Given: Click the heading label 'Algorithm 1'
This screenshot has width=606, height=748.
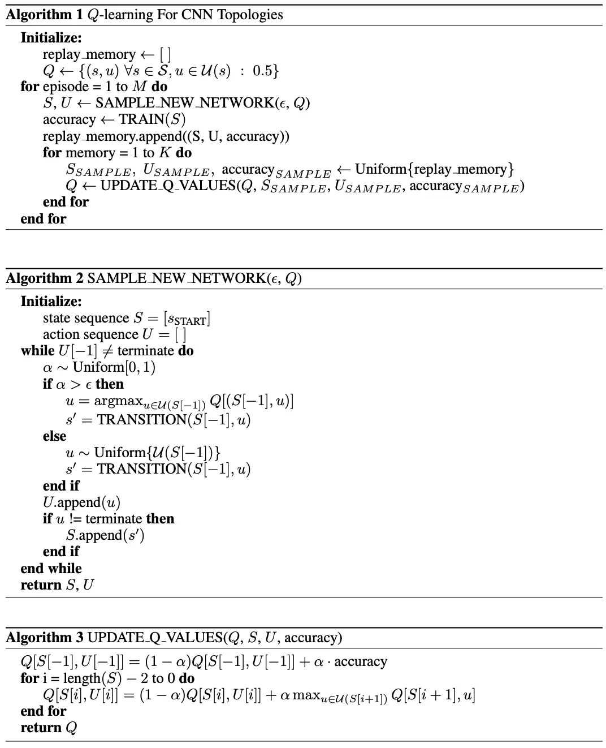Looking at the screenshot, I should tap(44, 15).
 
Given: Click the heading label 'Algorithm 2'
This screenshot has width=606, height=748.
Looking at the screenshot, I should tap(44, 278).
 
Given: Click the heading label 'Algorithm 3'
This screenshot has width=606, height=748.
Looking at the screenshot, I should tap(44, 638).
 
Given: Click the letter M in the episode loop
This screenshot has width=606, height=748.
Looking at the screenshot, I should tap(139, 87).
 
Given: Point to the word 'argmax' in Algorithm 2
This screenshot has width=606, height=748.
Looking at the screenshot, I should tap(118, 401).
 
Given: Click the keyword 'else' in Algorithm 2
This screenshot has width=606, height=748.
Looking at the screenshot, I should tap(54, 436).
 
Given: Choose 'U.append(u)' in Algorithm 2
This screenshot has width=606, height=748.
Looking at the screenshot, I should tap(81, 502).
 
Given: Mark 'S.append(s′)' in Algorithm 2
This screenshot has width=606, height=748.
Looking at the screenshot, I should tap(105, 535).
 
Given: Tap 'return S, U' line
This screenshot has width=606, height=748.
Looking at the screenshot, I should tap(57, 585).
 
